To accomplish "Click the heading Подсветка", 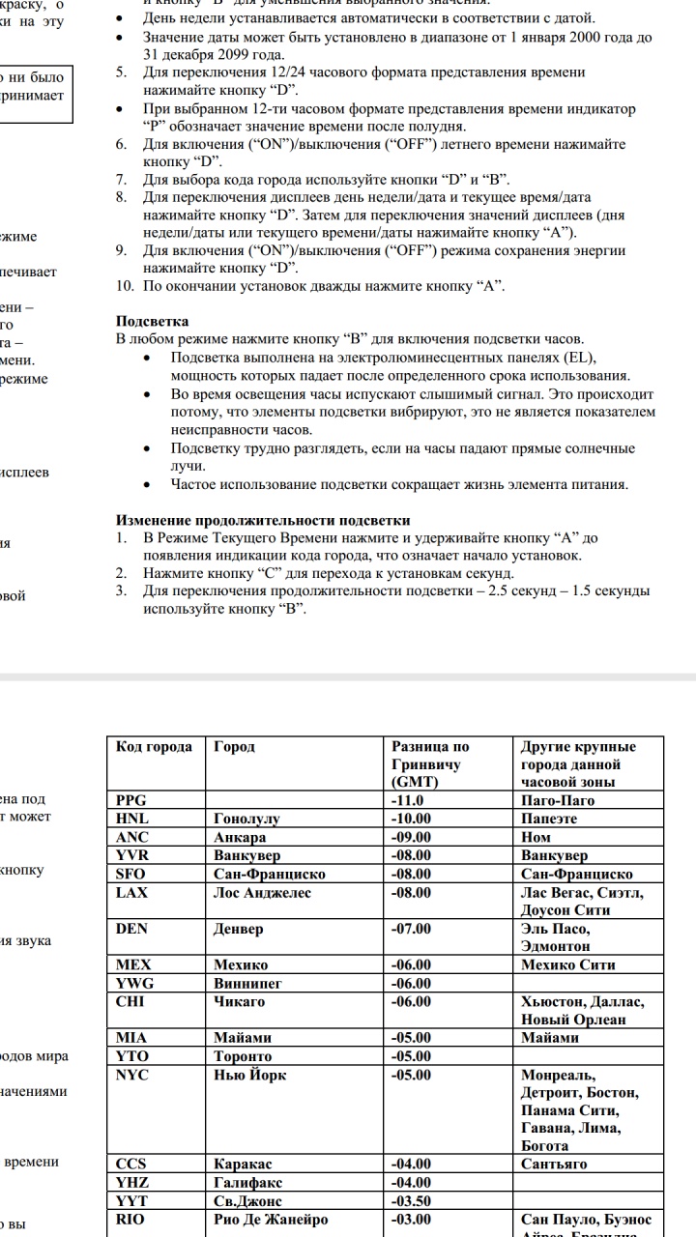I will [x=152, y=321].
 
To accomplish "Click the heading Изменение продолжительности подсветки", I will [x=263, y=520].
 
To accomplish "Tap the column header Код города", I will [x=154, y=747].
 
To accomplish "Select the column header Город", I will [x=234, y=747].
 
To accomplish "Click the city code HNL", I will [x=132, y=819].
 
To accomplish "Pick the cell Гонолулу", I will [x=246, y=819].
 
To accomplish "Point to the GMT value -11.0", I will [x=408, y=800].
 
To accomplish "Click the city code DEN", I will [x=132, y=929].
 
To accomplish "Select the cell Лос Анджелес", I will [x=262, y=893].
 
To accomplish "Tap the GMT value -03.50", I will [x=411, y=1201].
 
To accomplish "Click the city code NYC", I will [x=132, y=1075].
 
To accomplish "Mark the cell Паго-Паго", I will [x=558, y=800].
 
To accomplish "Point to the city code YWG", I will [x=133, y=983].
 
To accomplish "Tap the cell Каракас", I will [x=243, y=1165].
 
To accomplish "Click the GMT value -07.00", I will [x=411, y=929].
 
